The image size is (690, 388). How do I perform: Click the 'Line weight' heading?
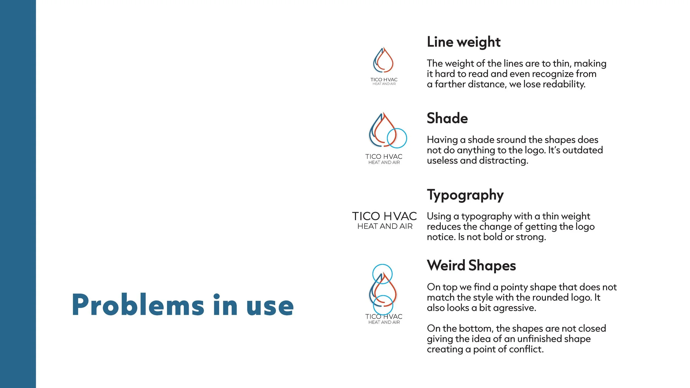click(x=463, y=42)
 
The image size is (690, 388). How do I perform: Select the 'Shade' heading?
click(x=447, y=118)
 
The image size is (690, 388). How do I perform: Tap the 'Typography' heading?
click(x=465, y=195)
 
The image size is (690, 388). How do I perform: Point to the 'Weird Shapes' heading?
click(x=471, y=265)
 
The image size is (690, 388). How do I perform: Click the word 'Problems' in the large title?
click(x=138, y=305)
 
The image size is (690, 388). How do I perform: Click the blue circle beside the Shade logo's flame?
click(x=397, y=138)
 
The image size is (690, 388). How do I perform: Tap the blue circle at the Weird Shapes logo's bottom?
click(x=383, y=305)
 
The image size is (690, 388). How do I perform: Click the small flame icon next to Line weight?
click(x=383, y=60)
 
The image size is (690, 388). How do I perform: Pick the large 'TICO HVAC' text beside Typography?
click(x=384, y=216)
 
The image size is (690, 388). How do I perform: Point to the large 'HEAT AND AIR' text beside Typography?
click(x=385, y=227)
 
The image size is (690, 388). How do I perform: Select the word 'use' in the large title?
click(x=270, y=306)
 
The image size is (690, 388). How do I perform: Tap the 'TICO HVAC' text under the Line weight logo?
click(x=384, y=79)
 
